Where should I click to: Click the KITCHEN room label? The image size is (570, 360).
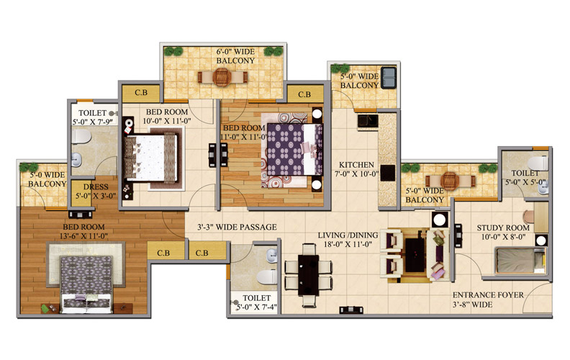356,165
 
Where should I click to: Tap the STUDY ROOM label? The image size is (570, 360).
503,228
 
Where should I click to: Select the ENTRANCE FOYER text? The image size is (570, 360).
488,295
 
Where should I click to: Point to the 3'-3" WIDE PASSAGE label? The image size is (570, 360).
237,228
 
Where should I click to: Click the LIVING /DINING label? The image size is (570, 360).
348,235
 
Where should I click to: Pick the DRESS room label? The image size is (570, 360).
96,187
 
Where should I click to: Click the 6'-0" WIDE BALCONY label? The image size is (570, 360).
235,56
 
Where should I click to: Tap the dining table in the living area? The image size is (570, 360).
308,275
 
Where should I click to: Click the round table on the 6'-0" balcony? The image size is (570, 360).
222,77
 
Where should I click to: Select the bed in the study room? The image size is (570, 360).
520,261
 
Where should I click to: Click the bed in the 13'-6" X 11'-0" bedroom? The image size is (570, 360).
86,284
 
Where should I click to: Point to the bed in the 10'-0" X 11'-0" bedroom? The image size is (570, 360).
151,158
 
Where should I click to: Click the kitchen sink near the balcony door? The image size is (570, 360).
367,121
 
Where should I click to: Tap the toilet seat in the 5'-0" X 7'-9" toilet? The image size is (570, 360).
81,137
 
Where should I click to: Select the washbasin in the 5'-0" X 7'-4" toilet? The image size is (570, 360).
271,256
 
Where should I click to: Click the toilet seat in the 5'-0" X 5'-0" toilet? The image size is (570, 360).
538,163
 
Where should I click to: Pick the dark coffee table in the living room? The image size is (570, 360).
415,255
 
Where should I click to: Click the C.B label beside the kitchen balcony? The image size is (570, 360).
304,94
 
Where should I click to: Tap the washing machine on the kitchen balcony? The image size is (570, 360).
388,78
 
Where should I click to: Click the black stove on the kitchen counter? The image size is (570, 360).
387,173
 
